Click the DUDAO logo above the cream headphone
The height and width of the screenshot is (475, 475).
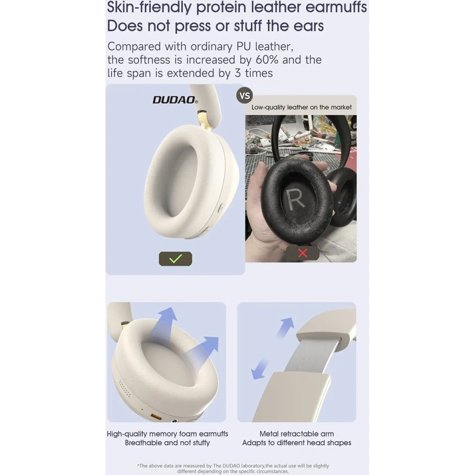[175, 100]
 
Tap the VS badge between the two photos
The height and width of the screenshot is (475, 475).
[245, 95]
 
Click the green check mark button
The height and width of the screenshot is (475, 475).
[175, 259]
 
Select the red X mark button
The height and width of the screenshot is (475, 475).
[303, 253]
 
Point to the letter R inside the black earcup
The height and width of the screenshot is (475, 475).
[295, 199]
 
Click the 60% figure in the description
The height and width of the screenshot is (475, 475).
[267, 60]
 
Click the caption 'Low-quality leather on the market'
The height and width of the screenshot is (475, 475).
[302, 107]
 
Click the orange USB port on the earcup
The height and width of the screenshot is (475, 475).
[156, 417]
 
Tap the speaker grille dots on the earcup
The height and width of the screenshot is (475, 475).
[124, 389]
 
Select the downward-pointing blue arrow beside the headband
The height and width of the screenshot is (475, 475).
[260, 369]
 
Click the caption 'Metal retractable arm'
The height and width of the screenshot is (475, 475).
[296, 434]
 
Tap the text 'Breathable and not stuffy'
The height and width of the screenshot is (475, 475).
[167, 443]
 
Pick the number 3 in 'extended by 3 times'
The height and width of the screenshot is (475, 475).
[238, 73]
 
